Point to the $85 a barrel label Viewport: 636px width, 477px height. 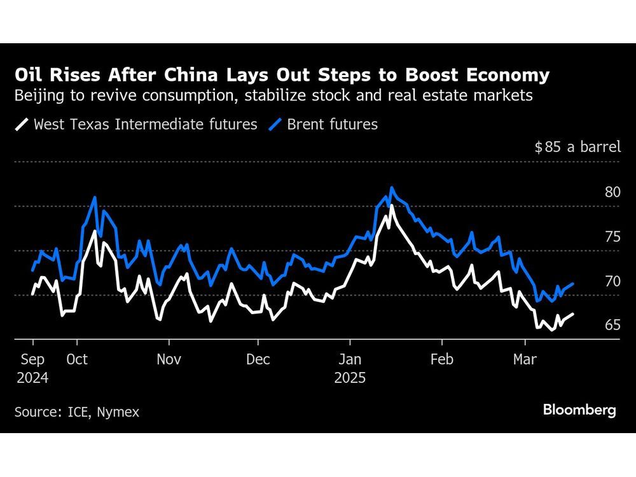click(577, 148)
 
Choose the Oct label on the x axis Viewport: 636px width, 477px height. click(77, 359)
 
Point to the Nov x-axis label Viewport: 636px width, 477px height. click(169, 359)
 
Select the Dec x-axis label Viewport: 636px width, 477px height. click(258, 359)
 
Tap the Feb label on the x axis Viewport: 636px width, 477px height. click(441, 359)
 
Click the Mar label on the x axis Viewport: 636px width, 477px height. click(525, 359)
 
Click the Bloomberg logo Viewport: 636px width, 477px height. click(579, 410)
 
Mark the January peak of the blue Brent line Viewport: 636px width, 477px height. click(392, 188)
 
